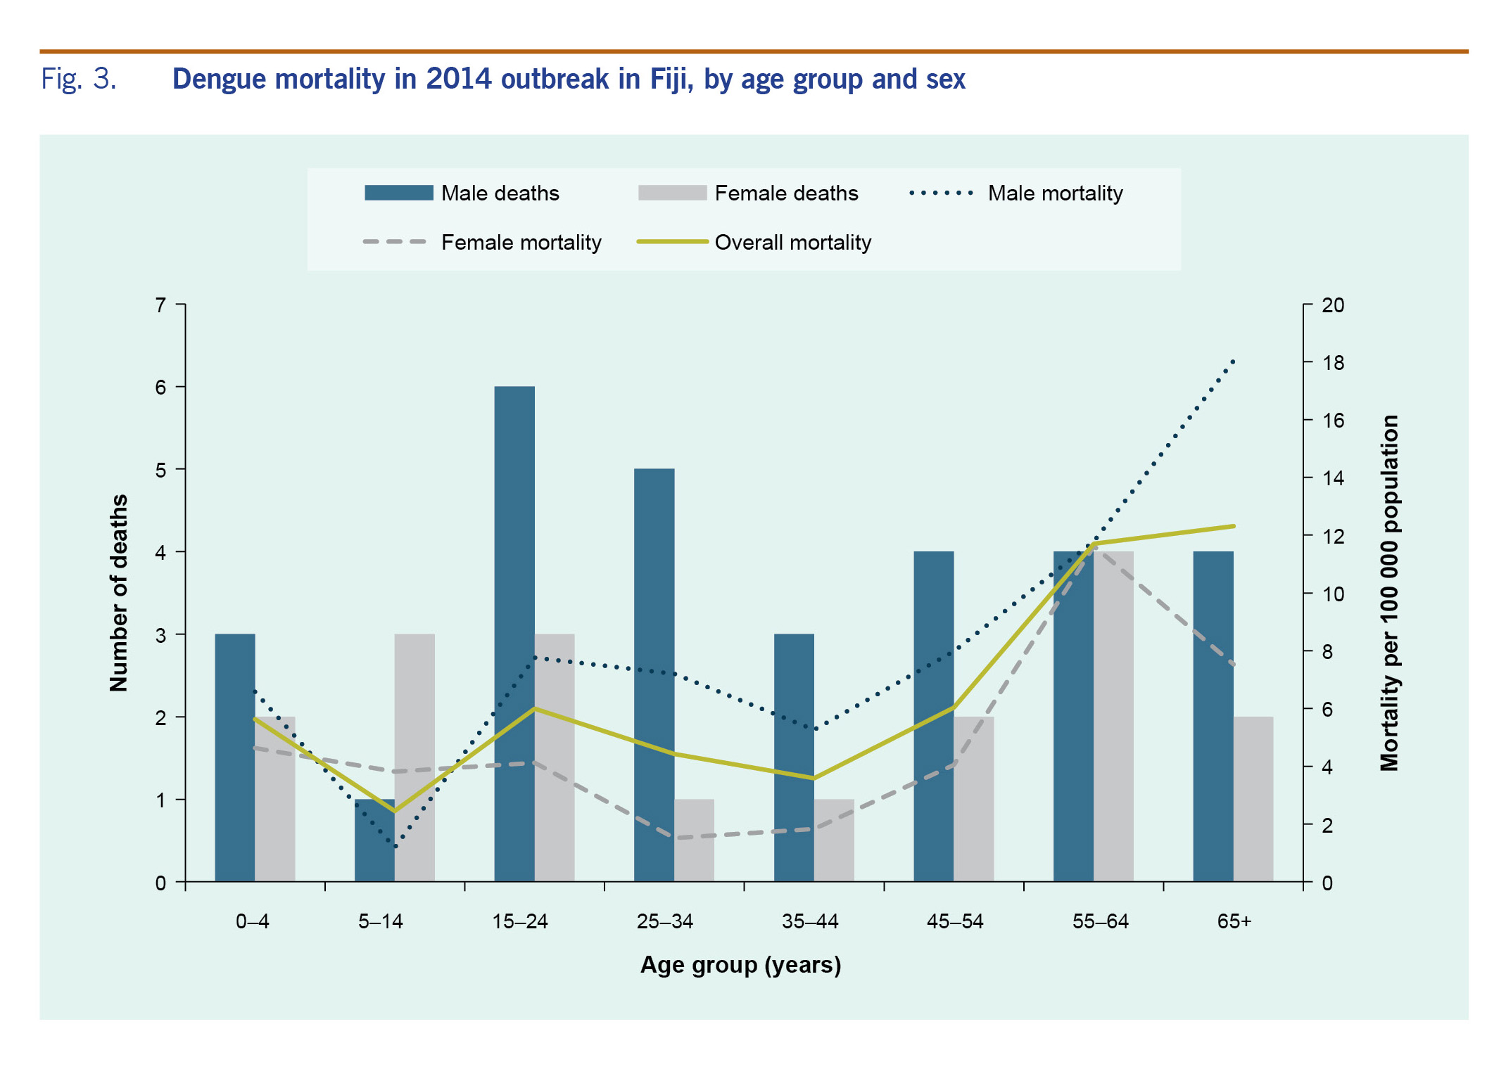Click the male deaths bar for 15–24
[514, 633]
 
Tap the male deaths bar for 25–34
[654, 675]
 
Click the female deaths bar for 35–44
[834, 840]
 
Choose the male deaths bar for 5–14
[374, 840]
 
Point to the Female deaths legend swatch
[672, 193]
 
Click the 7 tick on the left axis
[161, 305]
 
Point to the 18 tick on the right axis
[1332, 363]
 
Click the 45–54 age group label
[954, 921]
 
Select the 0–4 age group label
[253, 921]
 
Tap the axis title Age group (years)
[740, 965]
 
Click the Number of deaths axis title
[119, 593]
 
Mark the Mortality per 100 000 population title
[1388, 593]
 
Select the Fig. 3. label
[78, 79]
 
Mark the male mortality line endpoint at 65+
[1234, 361]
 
